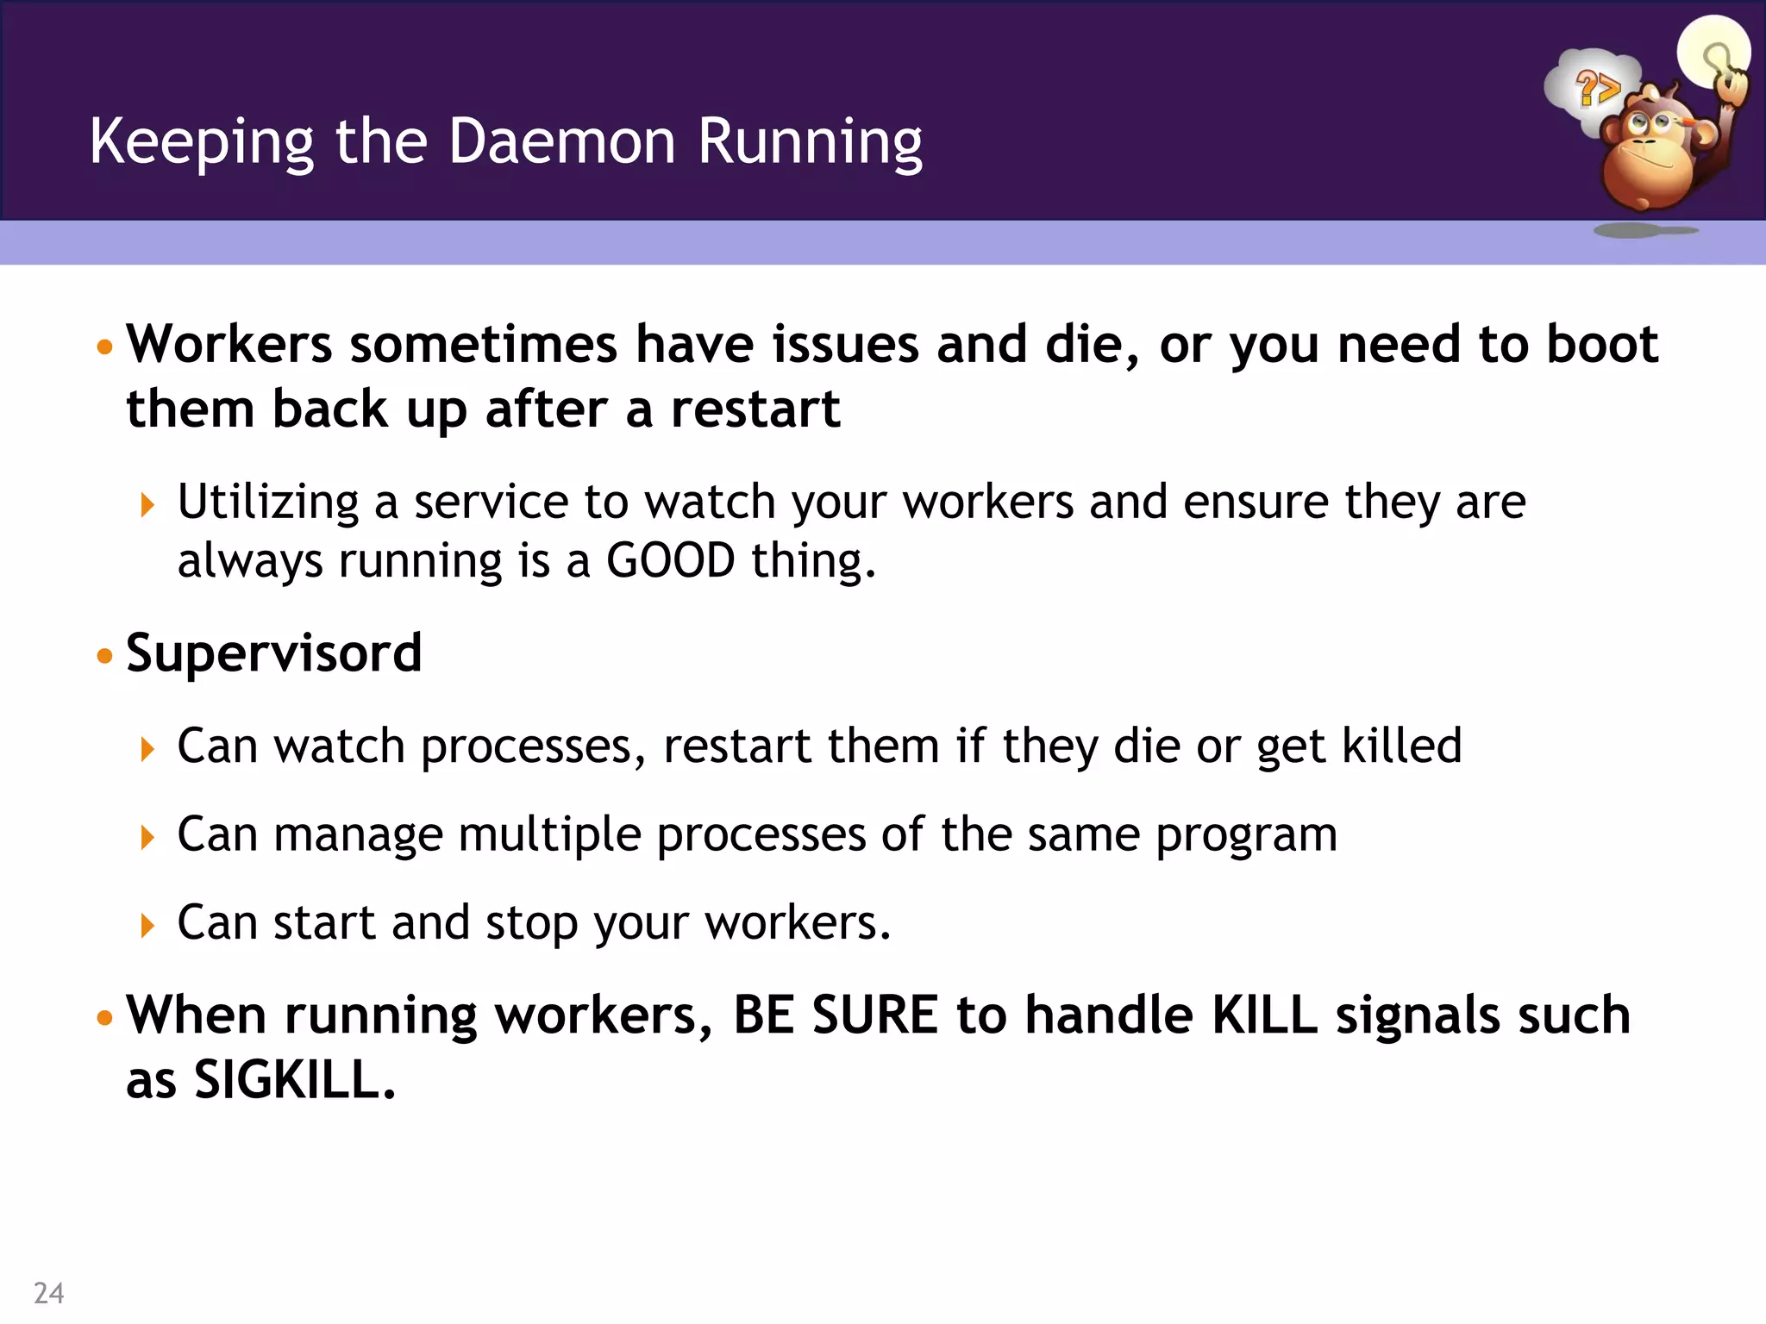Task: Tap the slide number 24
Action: coord(48,1293)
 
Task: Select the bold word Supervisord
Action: coord(273,653)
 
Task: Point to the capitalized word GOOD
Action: coord(671,560)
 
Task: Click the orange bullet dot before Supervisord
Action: coord(105,656)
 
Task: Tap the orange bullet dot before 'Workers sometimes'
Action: coord(105,347)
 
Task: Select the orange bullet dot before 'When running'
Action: coord(105,1017)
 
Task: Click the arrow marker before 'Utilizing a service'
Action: coord(147,504)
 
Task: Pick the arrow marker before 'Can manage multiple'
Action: coord(147,837)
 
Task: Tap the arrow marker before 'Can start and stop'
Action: coord(147,926)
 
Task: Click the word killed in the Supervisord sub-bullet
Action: coord(1402,746)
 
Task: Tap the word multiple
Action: coord(549,835)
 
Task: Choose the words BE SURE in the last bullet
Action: coord(835,1015)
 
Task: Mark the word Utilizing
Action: coord(268,503)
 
